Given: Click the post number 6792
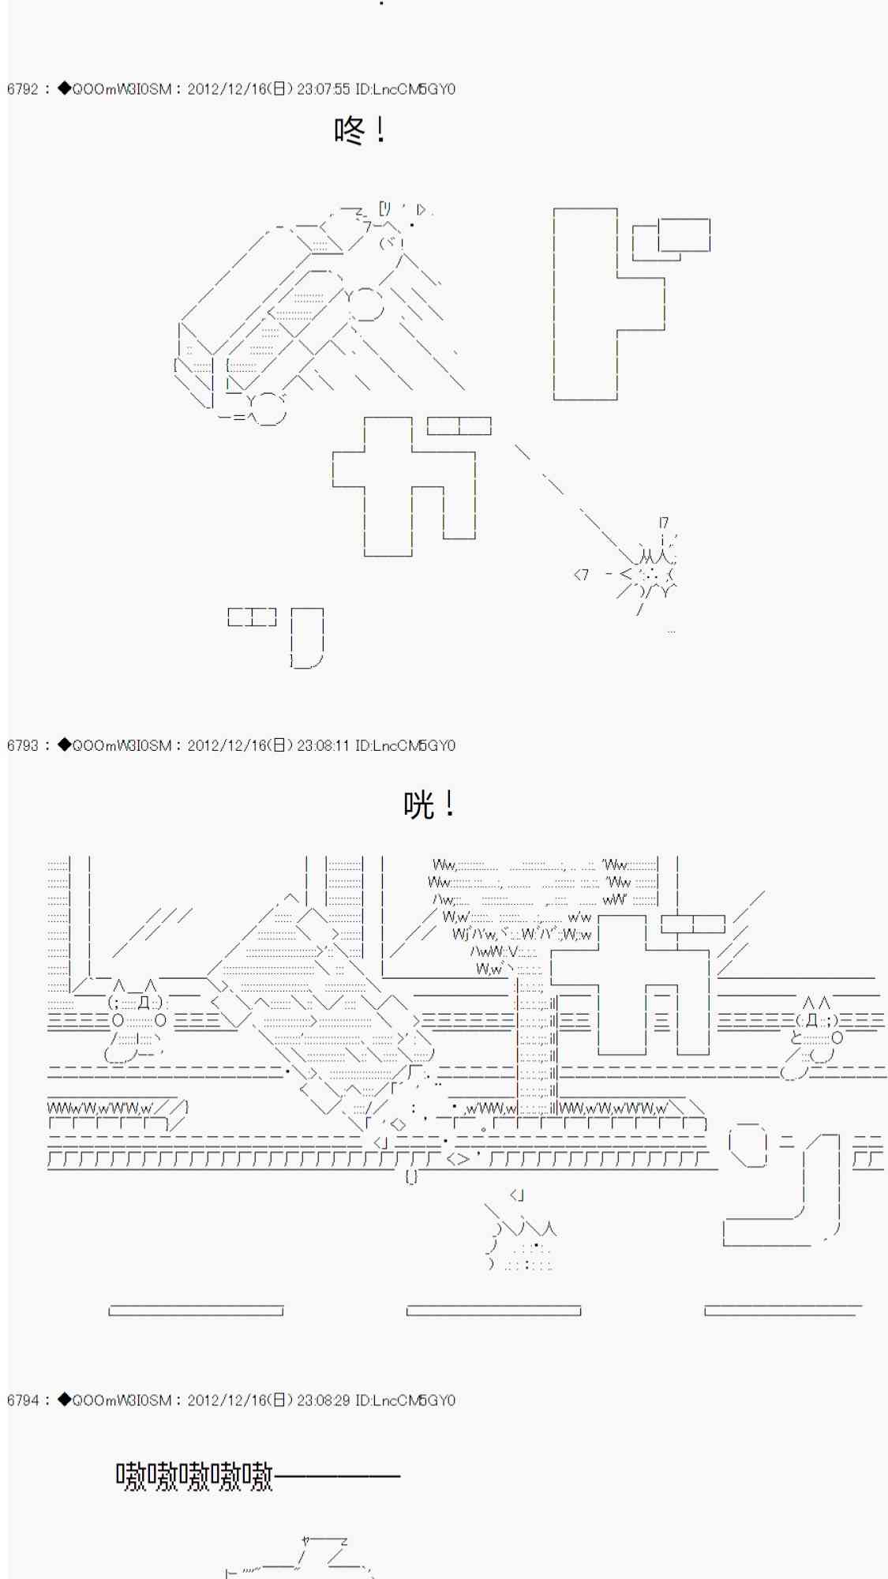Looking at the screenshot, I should pos(23,89).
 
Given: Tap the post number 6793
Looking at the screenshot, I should pos(23,745).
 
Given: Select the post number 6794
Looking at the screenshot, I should pos(23,1400).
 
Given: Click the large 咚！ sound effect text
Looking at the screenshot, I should pos(360,130).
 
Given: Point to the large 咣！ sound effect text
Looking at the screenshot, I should pos(429,805).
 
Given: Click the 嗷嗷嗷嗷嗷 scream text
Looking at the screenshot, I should pos(194,1476).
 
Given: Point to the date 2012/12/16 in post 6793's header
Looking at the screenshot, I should pos(227,745).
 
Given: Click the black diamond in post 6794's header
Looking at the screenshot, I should pos(64,1400).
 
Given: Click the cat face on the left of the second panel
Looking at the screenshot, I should pos(139,1002).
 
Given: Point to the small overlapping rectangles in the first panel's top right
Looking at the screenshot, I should pos(672,238).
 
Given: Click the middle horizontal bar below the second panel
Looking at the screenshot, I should pos(493,1311).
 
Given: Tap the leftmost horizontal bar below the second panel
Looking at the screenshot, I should pos(196,1311).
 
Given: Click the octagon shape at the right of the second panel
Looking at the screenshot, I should pos(748,1145).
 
